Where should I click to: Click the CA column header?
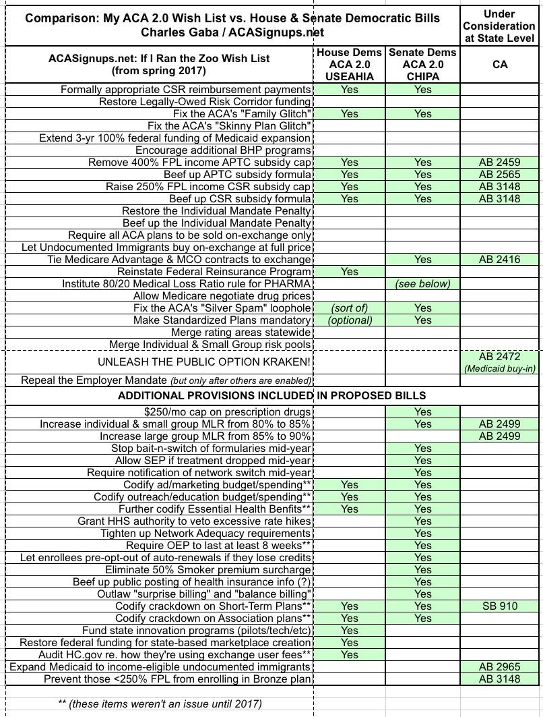pos(500,65)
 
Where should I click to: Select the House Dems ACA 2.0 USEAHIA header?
pos(350,65)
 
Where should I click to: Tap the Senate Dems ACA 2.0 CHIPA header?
pos(423,65)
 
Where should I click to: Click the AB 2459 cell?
pos(500,163)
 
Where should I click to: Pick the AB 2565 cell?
pos(500,175)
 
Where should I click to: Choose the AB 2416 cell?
pos(500,260)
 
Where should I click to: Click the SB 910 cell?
pos(500,606)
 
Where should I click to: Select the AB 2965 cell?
pos(500,667)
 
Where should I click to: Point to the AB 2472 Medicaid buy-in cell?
pos(500,362)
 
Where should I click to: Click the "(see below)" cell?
pos(423,284)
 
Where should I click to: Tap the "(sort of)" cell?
pos(350,308)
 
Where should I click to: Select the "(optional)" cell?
pos(350,320)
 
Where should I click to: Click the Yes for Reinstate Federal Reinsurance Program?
pos(350,272)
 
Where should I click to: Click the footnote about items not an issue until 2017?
pos(160,704)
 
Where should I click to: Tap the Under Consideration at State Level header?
pos(500,26)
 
